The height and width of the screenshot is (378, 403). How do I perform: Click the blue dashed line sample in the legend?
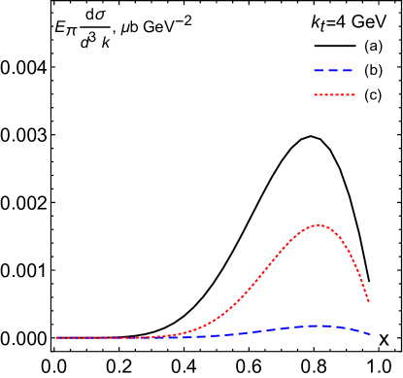pos(333,70)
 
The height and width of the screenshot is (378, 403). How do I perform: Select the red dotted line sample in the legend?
pos(334,94)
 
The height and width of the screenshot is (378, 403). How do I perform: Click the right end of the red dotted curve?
pos(369,301)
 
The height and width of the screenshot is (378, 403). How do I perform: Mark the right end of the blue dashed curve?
pos(369,334)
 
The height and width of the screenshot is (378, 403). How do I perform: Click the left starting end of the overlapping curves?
pos(56,337)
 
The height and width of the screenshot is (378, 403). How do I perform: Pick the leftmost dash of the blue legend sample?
pos(319,70)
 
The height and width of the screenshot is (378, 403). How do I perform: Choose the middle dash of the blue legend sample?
pos(333,70)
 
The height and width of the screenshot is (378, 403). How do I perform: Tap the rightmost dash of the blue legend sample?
pos(348,70)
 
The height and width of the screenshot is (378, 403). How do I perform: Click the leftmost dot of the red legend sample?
pos(315,94)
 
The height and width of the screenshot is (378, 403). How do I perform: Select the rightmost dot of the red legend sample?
pos(353,94)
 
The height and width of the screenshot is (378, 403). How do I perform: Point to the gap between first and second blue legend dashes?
pos(325,70)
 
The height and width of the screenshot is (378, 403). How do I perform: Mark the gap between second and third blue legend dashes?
pos(341,70)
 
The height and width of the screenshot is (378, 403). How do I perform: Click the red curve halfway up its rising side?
pos(258,281)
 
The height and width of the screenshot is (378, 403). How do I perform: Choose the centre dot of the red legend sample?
pos(334,94)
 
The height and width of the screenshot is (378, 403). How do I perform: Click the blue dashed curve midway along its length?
pos(213,335)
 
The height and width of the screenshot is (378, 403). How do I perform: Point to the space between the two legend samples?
pos(334,83)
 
